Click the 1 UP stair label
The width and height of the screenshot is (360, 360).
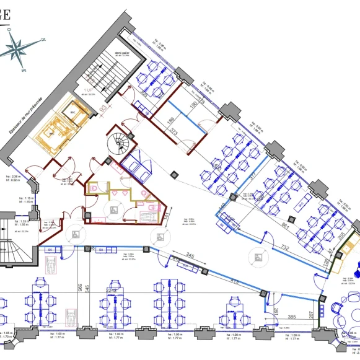(89, 90)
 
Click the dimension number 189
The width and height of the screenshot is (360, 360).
(170, 121)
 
